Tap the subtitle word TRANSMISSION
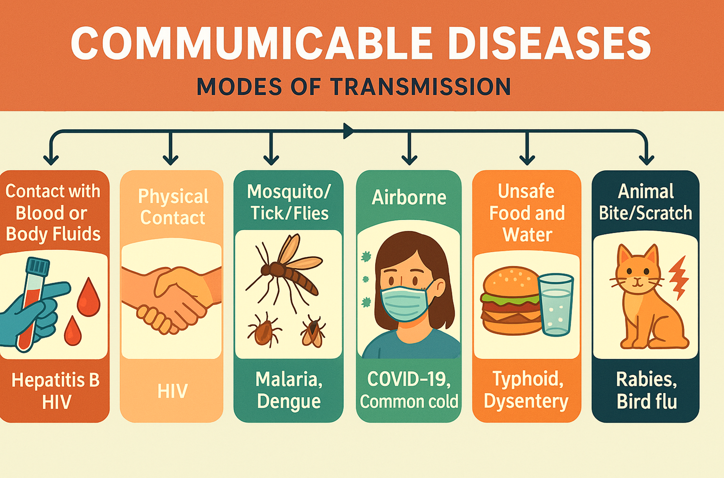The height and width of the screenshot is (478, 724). point(421,87)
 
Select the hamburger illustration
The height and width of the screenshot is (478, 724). point(510,300)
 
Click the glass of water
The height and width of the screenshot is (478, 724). point(556,304)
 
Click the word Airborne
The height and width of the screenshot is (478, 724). point(409,198)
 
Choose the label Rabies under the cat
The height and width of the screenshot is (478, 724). point(646,379)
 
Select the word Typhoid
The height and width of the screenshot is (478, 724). point(528,379)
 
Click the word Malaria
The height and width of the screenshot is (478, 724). point(289,379)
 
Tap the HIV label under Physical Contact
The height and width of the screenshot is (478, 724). point(172,391)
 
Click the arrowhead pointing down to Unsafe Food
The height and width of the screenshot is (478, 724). point(527,160)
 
